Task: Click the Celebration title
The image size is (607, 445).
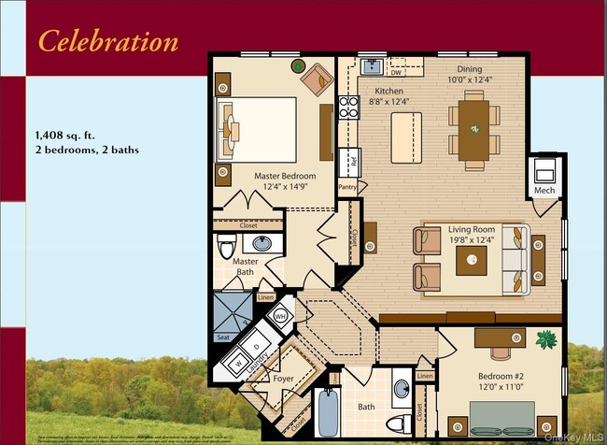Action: pos(107,41)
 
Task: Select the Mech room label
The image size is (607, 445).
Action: pos(544,192)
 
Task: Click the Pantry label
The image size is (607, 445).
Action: pos(347,186)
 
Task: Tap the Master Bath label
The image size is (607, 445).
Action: pos(246,267)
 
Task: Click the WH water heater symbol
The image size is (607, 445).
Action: pos(281,317)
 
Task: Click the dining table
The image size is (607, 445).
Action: pos(474,130)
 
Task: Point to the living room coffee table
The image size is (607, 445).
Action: pos(471,260)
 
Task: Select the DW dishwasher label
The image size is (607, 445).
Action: pos(396,72)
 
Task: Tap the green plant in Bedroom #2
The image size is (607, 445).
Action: pos(547,339)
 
